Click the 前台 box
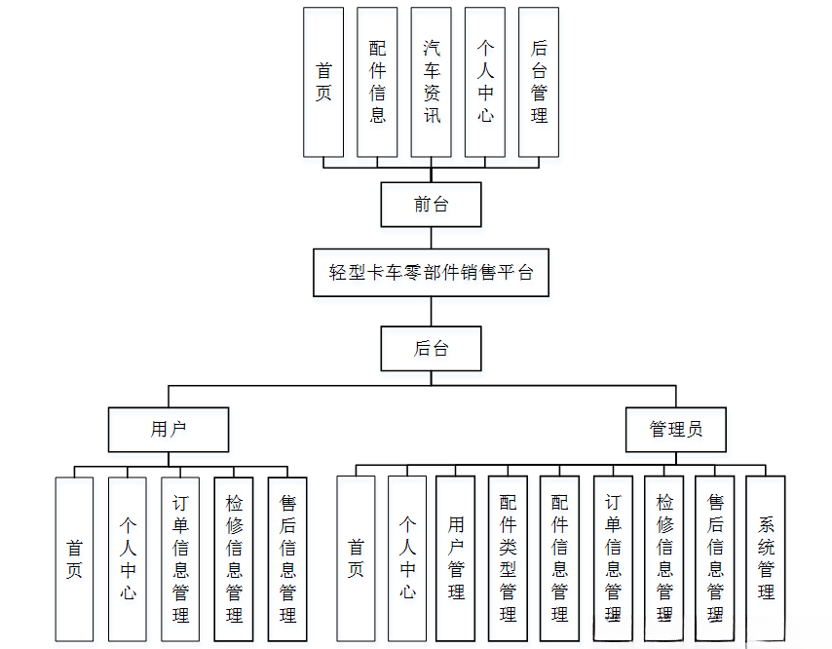431,205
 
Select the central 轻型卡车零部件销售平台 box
431,272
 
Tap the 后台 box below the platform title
431,348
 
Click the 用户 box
169,429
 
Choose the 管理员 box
675,429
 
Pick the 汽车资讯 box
431,82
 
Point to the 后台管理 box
539,82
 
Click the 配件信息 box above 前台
377,82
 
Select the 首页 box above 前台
323,82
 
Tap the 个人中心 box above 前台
485,82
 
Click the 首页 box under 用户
74,559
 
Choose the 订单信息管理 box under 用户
180,559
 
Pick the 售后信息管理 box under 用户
287,559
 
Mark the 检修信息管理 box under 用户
234,559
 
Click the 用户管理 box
456,559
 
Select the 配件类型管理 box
508,559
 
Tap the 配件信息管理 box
559,559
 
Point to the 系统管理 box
766,559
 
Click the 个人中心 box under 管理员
407,559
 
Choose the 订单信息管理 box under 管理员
612,559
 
